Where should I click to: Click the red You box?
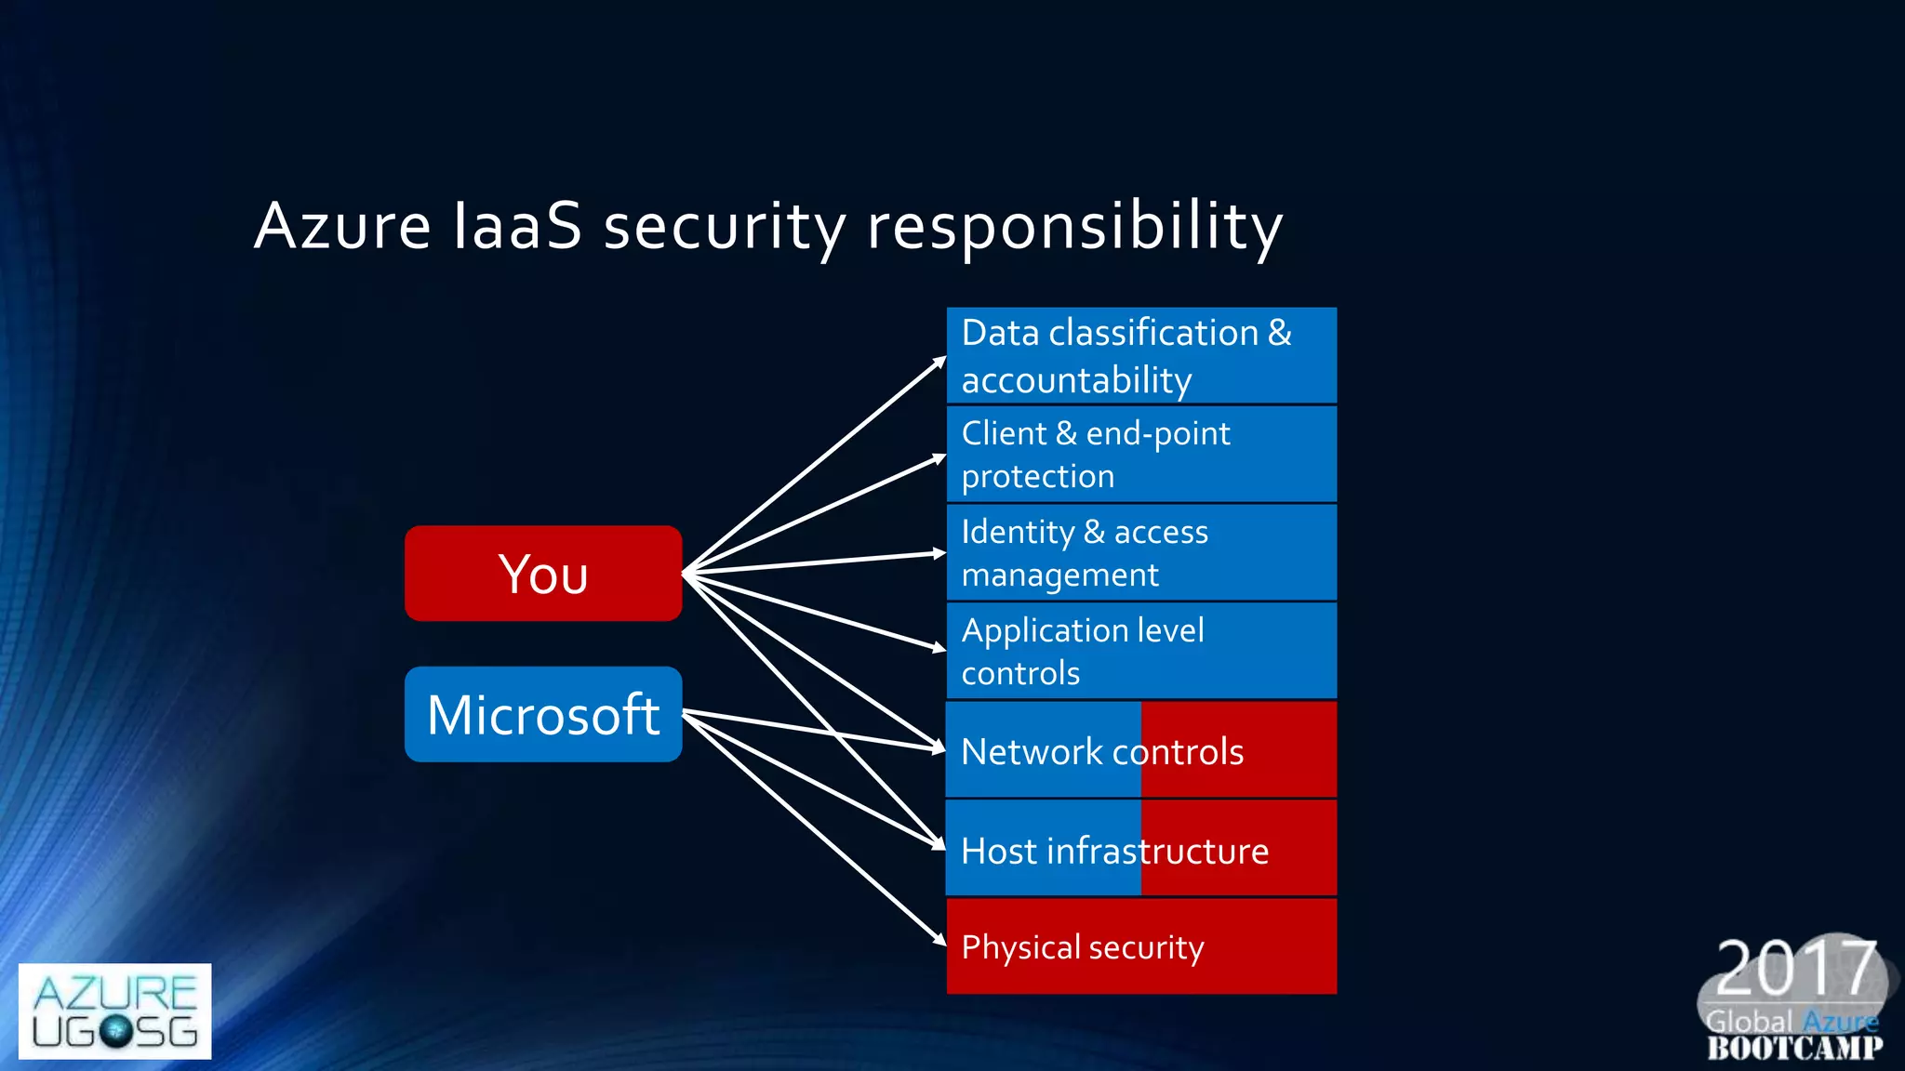(x=543, y=574)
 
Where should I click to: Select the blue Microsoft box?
(x=543, y=714)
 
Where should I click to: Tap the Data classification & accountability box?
(x=1141, y=356)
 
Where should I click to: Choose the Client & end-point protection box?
(x=1141, y=455)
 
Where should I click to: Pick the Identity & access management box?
(x=1141, y=553)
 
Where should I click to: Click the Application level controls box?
(x=1141, y=651)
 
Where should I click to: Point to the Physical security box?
(x=1141, y=946)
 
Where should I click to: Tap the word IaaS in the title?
(x=517, y=225)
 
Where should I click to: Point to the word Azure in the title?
(x=343, y=225)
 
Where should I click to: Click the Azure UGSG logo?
(x=114, y=1011)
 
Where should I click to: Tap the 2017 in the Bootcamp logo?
(x=1795, y=968)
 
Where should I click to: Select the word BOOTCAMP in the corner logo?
(x=1794, y=1048)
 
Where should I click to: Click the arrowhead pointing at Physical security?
(x=939, y=940)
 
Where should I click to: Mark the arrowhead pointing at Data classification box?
(x=939, y=361)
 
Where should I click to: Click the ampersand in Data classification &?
(x=1279, y=333)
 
